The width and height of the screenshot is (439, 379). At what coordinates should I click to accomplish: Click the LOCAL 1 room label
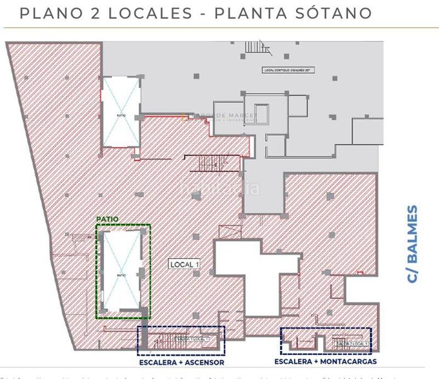click(x=184, y=265)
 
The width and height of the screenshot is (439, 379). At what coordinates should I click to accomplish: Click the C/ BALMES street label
click(x=412, y=244)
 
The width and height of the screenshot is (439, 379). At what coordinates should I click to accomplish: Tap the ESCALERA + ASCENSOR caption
click(x=182, y=363)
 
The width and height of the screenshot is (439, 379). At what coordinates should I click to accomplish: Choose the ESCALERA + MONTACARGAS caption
click(x=325, y=362)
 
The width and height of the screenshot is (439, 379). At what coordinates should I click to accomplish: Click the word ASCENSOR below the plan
click(x=203, y=363)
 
